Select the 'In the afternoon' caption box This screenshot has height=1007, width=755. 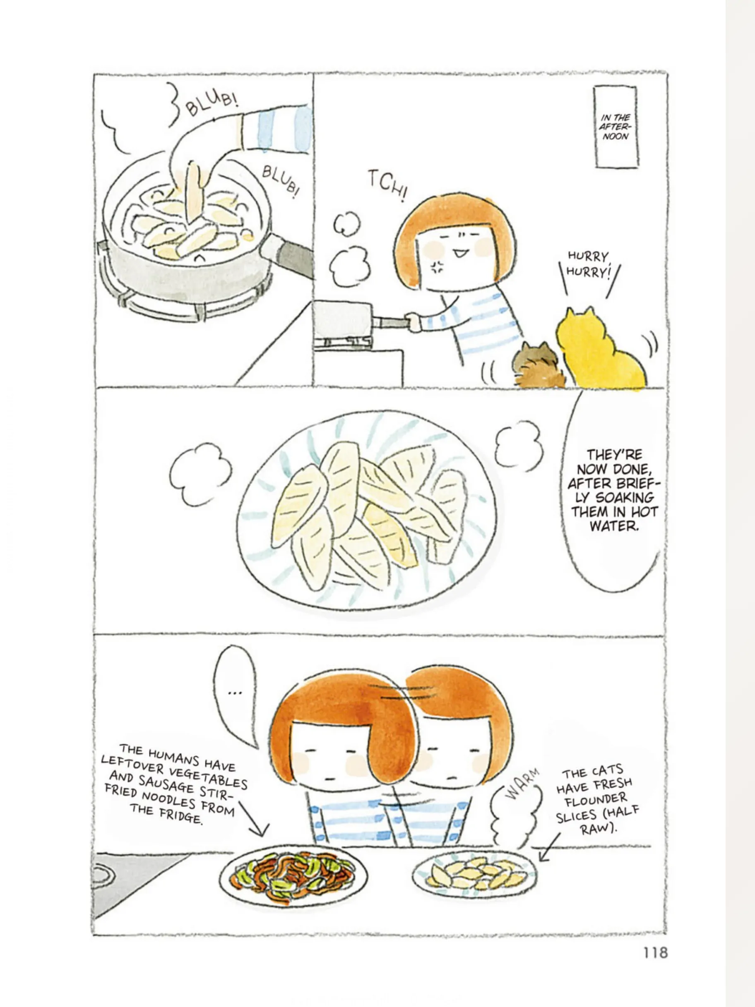pos(615,127)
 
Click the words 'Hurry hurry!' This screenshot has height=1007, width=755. pos(588,265)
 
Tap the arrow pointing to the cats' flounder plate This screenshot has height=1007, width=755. pos(549,847)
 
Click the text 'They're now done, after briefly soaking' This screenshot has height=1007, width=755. pos(613,476)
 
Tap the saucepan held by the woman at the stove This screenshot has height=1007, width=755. pos(343,320)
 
